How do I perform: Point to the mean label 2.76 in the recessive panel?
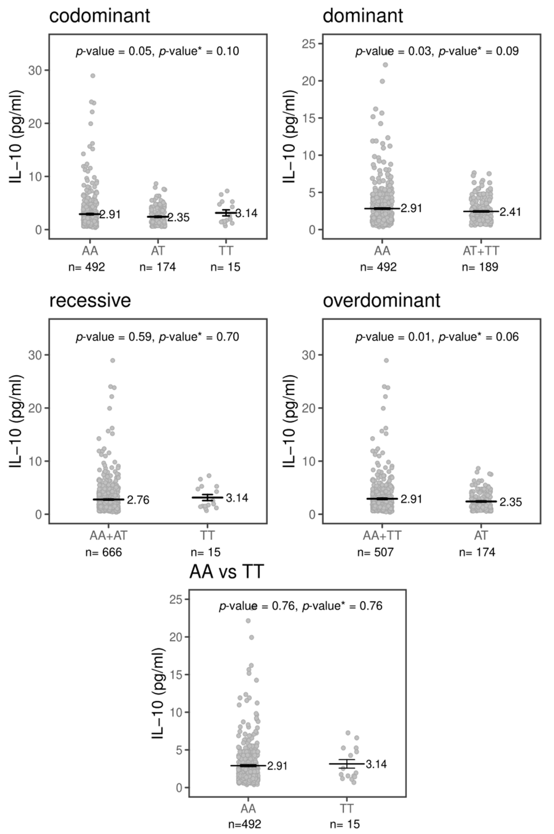[x=138, y=500]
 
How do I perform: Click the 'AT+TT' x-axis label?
[x=481, y=251]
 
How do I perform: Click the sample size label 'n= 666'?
[x=104, y=552]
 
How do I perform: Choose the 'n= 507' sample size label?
[x=375, y=552]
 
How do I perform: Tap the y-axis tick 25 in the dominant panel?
[x=308, y=43]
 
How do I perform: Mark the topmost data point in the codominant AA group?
[x=93, y=76]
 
